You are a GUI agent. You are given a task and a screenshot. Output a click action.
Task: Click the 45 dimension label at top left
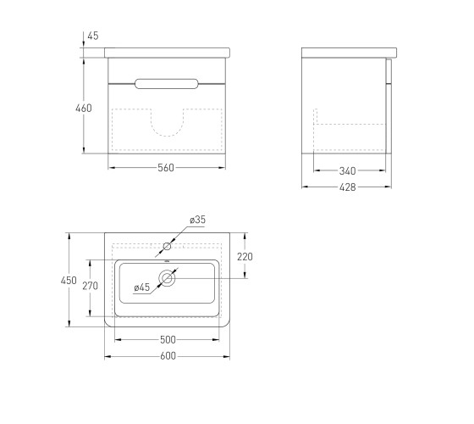93,36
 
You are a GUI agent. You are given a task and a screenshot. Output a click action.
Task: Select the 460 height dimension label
84,109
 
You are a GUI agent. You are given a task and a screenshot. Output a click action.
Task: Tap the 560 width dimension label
166,168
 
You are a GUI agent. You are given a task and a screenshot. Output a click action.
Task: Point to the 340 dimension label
347,171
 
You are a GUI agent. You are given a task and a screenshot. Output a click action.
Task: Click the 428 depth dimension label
348,187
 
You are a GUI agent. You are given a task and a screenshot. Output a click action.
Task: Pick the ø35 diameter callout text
198,220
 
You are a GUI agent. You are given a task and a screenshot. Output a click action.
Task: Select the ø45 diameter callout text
142,287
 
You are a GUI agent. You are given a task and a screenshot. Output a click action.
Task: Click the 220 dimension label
245,257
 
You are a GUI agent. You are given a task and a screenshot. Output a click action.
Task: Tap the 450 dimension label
69,281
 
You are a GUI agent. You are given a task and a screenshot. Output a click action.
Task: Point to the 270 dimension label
90,286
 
